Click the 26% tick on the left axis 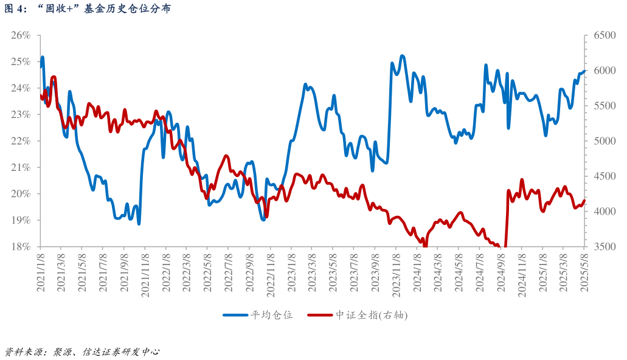pos(21,35)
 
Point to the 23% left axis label pos(21,114)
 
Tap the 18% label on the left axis pos(21,246)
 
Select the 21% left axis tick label pos(21,167)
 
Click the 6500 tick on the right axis pos(600,35)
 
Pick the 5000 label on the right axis pos(600,141)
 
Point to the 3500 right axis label pos(600,246)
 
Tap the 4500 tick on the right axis pos(600,176)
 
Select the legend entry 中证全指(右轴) pos(371,315)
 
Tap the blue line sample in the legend pos(236,315)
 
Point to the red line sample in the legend pos(320,315)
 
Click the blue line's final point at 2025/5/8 pos(584,71)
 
